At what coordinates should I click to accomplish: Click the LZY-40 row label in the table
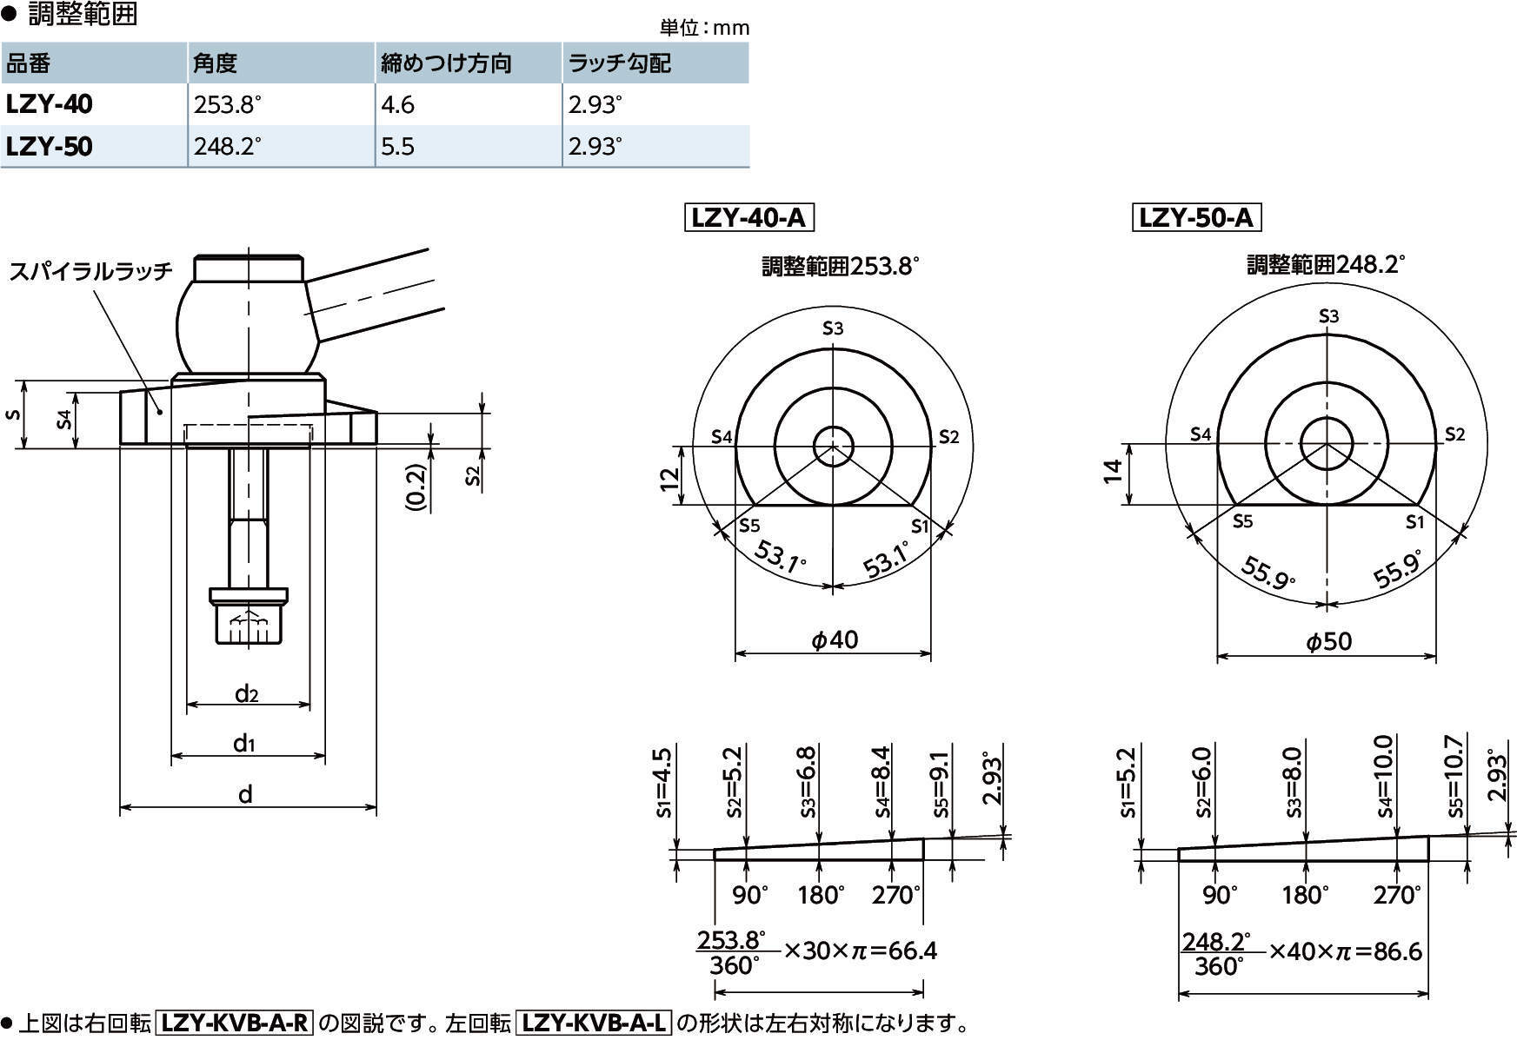pyautogui.click(x=50, y=104)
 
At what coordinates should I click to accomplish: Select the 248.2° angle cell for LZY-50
pyautogui.click(x=227, y=146)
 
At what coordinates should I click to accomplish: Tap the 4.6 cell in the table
pyautogui.click(x=397, y=105)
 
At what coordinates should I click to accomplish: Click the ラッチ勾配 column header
pyautogui.click(x=619, y=63)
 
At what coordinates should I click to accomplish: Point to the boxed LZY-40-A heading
pyautogui.click(x=749, y=217)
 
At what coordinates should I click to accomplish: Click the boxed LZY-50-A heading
pyautogui.click(x=1195, y=217)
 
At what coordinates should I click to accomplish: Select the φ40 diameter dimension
pyautogui.click(x=834, y=640)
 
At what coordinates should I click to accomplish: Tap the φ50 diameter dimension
pyautogui.click(x=1328, y=642)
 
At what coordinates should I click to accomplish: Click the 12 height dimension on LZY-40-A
pyautogui.click(x=669, y=479)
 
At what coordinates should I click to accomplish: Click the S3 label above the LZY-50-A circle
pyautogui.click(x=1328, y=316)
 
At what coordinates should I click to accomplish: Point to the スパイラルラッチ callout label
pyautogui.click(x=91, y=271)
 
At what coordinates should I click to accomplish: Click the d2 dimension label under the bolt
pyautogui.click(x=247, y=692)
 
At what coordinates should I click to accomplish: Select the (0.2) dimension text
pyautogui.click(x=416, y=487)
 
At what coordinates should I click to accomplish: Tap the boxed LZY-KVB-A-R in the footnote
pyautogui.click(x=235, y=1023)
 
